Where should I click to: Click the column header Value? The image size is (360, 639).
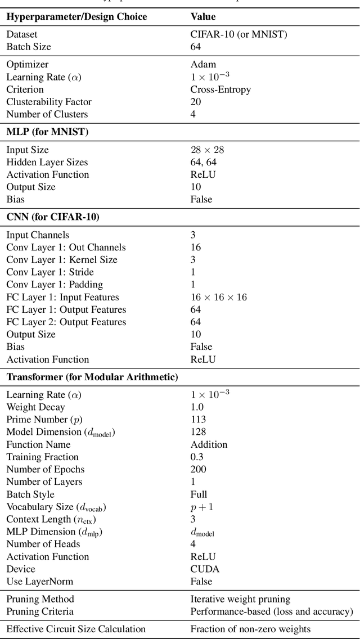(202, 17)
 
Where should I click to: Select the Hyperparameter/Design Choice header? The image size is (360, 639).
(76, 17)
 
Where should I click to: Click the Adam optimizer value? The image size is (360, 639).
(203, 65)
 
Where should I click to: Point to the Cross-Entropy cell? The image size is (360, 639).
(220, 89)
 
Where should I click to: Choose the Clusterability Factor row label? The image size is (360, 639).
(49, 102)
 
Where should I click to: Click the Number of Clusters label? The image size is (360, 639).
(47, 114)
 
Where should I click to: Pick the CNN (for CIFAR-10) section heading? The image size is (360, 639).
(53, 217)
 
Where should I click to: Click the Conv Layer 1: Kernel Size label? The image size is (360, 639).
(62, 260)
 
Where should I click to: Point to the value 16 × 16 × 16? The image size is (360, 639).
(219, 297)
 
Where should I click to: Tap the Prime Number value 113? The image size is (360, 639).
(198, 419)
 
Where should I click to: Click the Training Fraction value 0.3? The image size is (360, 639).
(197, 457)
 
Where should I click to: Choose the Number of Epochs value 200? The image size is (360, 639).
(199, 469)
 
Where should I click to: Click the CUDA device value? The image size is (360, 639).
(205, 569)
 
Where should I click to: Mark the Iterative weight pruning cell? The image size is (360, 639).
(240, 599)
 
